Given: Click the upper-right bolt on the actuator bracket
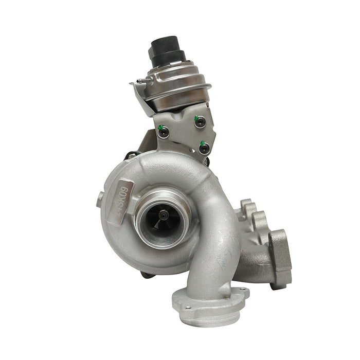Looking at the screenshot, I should point(200,122).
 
